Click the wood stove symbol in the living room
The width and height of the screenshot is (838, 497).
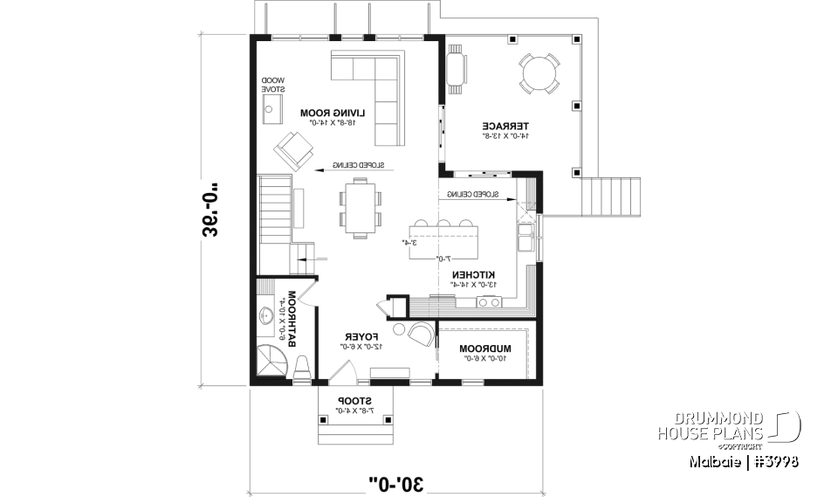click(x=272, y=109)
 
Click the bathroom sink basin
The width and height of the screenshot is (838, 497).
click(x=265, y=316)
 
